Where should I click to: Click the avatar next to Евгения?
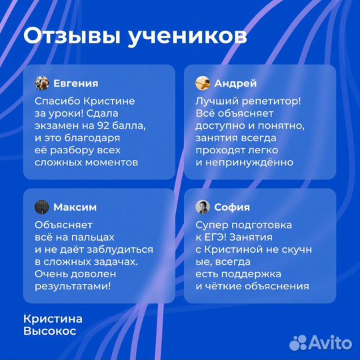click(x=42, y=83)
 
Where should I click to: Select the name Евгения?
click(x=75, y=83)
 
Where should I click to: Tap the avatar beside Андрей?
click(x=203, y=83)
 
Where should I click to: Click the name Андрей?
click(x=235, y=83)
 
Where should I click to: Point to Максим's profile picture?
click(x=42, y=207)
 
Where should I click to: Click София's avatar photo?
click(x=203, y=207)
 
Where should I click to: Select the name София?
click(x=231, y=207)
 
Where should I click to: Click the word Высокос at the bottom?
click(x=49, y=331)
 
